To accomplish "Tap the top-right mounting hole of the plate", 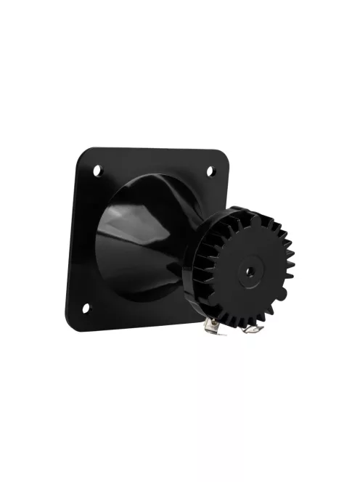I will (211, 171).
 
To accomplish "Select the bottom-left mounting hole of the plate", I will (87, 308).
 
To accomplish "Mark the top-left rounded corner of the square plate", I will (86, 154).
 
